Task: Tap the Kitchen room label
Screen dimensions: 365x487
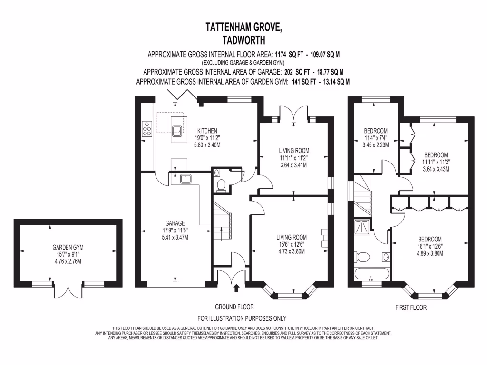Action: tap(207, 131)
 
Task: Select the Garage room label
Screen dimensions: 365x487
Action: tap(175, 222)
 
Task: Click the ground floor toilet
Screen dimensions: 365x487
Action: tap(221, 186)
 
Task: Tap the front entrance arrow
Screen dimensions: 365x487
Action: tap(236, 288)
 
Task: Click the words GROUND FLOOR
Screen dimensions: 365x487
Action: tap(234, 307)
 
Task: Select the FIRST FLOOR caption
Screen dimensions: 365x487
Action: tap(411, 307)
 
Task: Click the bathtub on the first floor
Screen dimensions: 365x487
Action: tap(371, 275)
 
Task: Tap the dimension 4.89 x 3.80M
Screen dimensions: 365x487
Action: tap(430, 253)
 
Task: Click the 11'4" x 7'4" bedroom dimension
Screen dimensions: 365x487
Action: tap(376, 138)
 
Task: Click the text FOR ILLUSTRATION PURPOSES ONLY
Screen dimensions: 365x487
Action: tap(242, 318)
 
